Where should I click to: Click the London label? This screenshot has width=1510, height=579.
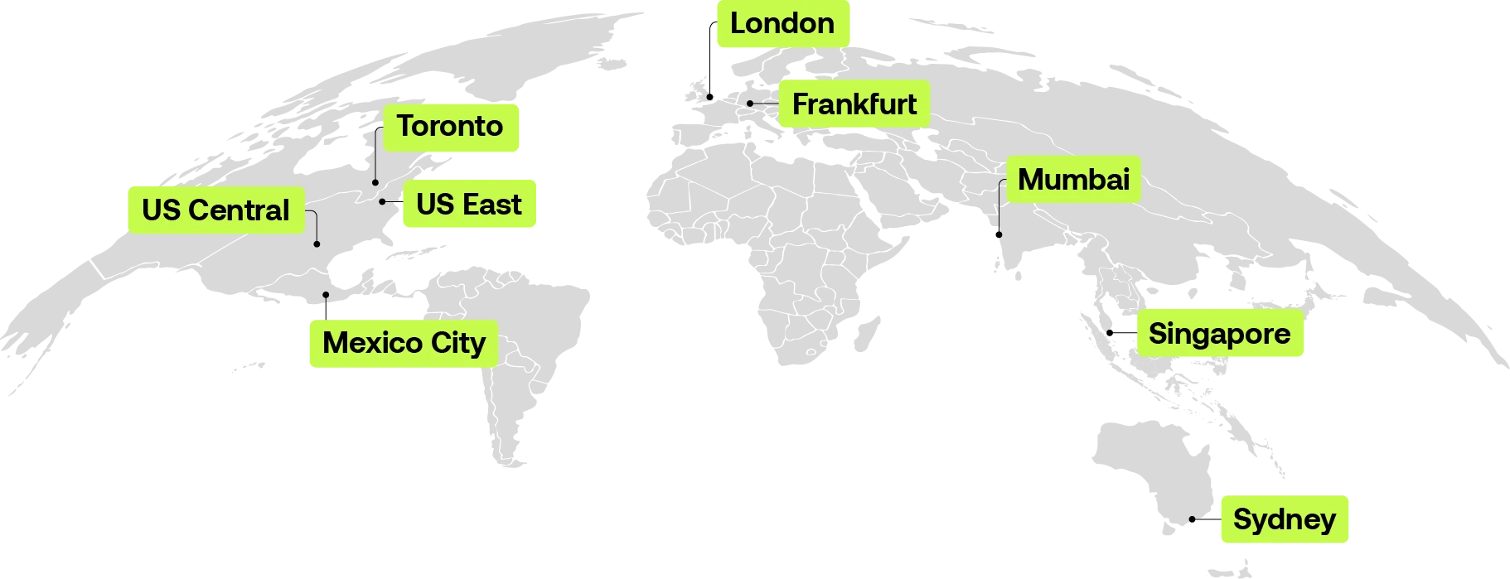tap(782, 24)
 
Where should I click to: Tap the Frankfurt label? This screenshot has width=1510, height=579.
tap(854, 104)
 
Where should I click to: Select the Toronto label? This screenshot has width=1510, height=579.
tap(451, 127)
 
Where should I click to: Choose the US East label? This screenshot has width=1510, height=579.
tap(469, 205)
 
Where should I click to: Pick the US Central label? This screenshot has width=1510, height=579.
tap(215, 210)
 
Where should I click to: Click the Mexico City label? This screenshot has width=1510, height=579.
tap(403, 343)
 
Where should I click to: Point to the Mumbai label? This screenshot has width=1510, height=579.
tap(1073, 180)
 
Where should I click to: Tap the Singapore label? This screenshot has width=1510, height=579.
tap(1219, 334)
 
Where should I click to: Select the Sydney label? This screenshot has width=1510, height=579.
tap(1285, 519)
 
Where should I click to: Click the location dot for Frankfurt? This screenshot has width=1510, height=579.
tap(750, 104)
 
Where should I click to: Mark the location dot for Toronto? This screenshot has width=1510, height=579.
tap(375, 182)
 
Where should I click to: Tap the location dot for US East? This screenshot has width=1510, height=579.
tap(382, 201)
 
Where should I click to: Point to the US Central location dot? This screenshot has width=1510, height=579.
tap(317, 244)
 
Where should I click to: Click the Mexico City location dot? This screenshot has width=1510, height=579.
tap(326, 295)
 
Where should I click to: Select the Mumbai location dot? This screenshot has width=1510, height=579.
tap(999, 234)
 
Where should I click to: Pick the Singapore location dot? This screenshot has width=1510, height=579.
tap(1110, 333)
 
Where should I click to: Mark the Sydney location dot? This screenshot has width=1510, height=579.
tap(1192, 520)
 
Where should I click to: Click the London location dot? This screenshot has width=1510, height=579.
tap(710, 97)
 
